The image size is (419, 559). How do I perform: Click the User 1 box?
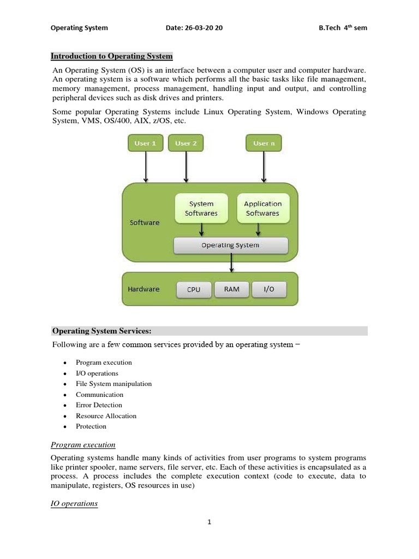point(145,144)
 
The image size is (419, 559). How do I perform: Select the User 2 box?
point(186,144)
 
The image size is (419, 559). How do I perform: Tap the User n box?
point(264,144)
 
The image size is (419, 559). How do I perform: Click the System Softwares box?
point(201,209)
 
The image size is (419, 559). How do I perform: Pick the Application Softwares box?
point(262,209)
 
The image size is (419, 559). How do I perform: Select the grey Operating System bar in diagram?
point(230,245)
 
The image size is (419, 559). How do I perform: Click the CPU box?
point(194,289)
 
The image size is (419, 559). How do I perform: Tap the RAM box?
point(232,289)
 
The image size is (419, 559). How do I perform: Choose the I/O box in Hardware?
point(269,289)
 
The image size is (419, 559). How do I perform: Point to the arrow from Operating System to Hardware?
point(232,263)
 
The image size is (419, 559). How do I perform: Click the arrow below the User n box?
point(264,167)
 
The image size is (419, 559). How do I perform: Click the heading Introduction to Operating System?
point(111,56)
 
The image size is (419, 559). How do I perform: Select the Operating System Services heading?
point(101,331)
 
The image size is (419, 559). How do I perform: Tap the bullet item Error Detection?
point(99,405)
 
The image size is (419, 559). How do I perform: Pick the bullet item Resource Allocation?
point(106,416)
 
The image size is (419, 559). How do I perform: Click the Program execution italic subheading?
point(83,445)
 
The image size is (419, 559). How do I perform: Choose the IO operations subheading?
point(74,504)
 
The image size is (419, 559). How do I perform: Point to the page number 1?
point(209,522)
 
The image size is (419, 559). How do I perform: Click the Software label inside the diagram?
point(145,223)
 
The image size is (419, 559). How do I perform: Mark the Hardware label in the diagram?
point(143,289)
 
